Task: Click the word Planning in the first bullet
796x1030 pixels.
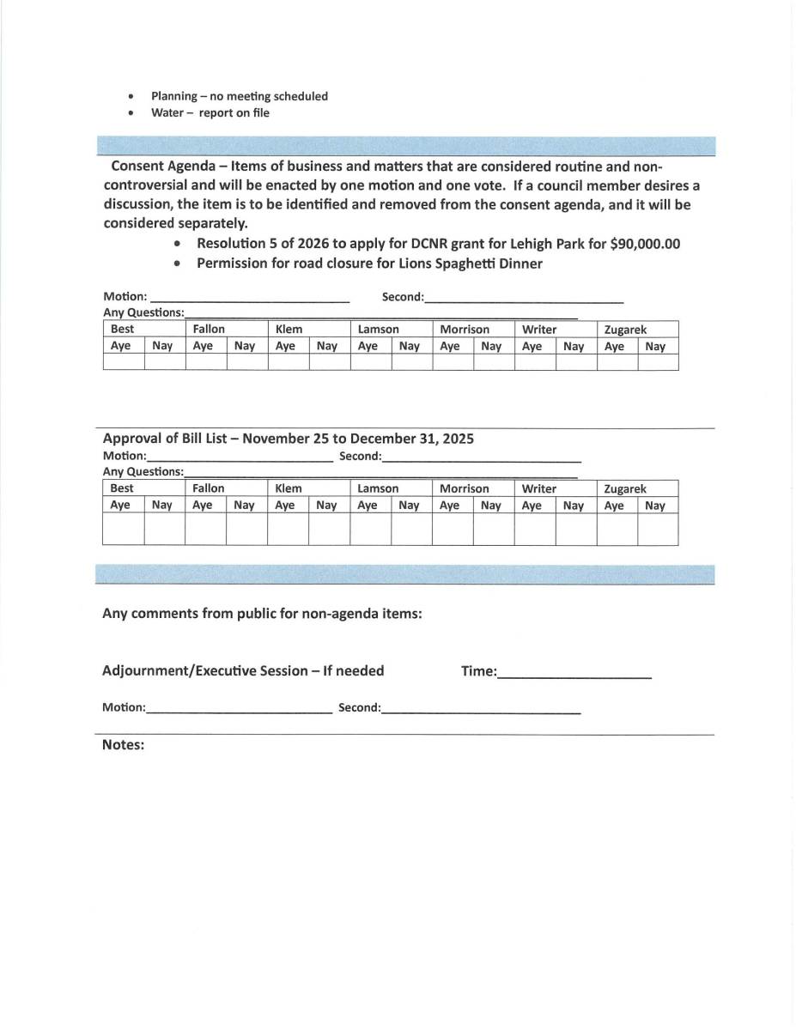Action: (x=174, y=96)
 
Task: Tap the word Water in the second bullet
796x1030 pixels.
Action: (x=167, y=112)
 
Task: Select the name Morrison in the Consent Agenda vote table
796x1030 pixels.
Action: (x=465, y=330)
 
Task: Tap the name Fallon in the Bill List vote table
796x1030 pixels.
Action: (x=209, y=488)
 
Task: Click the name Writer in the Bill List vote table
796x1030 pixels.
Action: (x=539, y=488)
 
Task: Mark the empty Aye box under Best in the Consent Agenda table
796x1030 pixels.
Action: (x=124, y=362)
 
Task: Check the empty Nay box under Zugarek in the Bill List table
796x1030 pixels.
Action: (x=658, y=529)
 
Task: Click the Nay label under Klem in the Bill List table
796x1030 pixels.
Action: (x=326, y=506)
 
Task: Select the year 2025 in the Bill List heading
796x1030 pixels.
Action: (x=458, y=439)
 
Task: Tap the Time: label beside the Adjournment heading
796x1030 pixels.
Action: (x=478, y=671)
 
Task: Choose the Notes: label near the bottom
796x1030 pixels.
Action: (x=123, y=745)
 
